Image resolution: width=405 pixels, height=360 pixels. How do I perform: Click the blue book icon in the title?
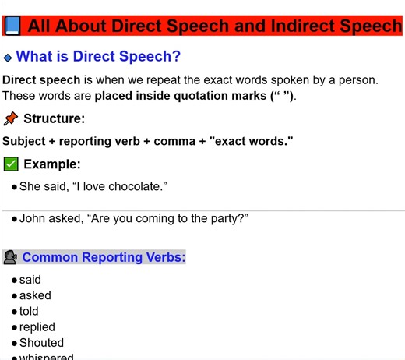pos(12,26)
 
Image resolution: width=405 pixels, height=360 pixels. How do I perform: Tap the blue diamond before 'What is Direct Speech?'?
pos(8,57)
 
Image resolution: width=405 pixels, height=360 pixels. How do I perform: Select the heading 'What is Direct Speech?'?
pos(98,56)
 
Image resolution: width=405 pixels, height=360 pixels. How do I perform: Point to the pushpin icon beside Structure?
pos(11,118)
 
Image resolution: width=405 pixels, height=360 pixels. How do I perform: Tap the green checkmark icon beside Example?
pos(11,164)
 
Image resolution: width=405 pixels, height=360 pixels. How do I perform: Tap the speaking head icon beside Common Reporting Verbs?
pos(11,257)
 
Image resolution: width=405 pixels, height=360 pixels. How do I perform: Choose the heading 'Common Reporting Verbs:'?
pos(104,257)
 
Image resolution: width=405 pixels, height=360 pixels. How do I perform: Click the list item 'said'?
pos(30,280)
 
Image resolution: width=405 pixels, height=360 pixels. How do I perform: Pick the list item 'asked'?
pos(35,295)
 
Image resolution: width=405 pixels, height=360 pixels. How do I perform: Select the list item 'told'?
pos(29,311)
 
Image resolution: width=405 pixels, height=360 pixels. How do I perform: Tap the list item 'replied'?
pos(37,326)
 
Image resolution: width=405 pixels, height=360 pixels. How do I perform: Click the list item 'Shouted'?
pos(41,342)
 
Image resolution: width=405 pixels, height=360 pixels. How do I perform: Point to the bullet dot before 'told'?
pos(15,312)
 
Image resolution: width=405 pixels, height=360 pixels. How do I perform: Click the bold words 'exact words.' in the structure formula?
pos(250,141)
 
